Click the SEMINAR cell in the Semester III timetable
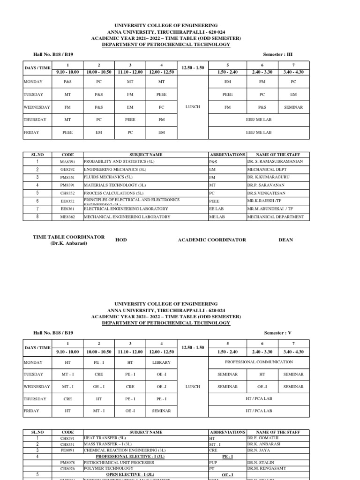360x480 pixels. pyautogui.click(x=293, y=107)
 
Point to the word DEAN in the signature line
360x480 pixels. pyautogui.click(x=286, y=240)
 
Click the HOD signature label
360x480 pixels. pyautogui.click(x=121, y=240)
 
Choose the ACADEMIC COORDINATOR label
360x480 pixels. pyautogui.click(x=212, y=240)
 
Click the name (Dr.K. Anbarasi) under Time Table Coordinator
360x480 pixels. pyautogui.click(x=69, y=243)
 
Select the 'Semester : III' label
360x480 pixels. pyautogui.click(x=278, y=54)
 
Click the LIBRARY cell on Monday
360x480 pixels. pyautogui.click(x=161, y=362)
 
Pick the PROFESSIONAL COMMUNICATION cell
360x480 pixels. pyautogui.click(x=259, y=362)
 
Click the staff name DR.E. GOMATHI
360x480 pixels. pyautogui.click(x=264, y=438)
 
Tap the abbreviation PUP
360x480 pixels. pyautogui.click(x=213, y=462)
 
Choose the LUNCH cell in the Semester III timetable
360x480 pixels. pyautogui.click(x=193, y=107)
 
